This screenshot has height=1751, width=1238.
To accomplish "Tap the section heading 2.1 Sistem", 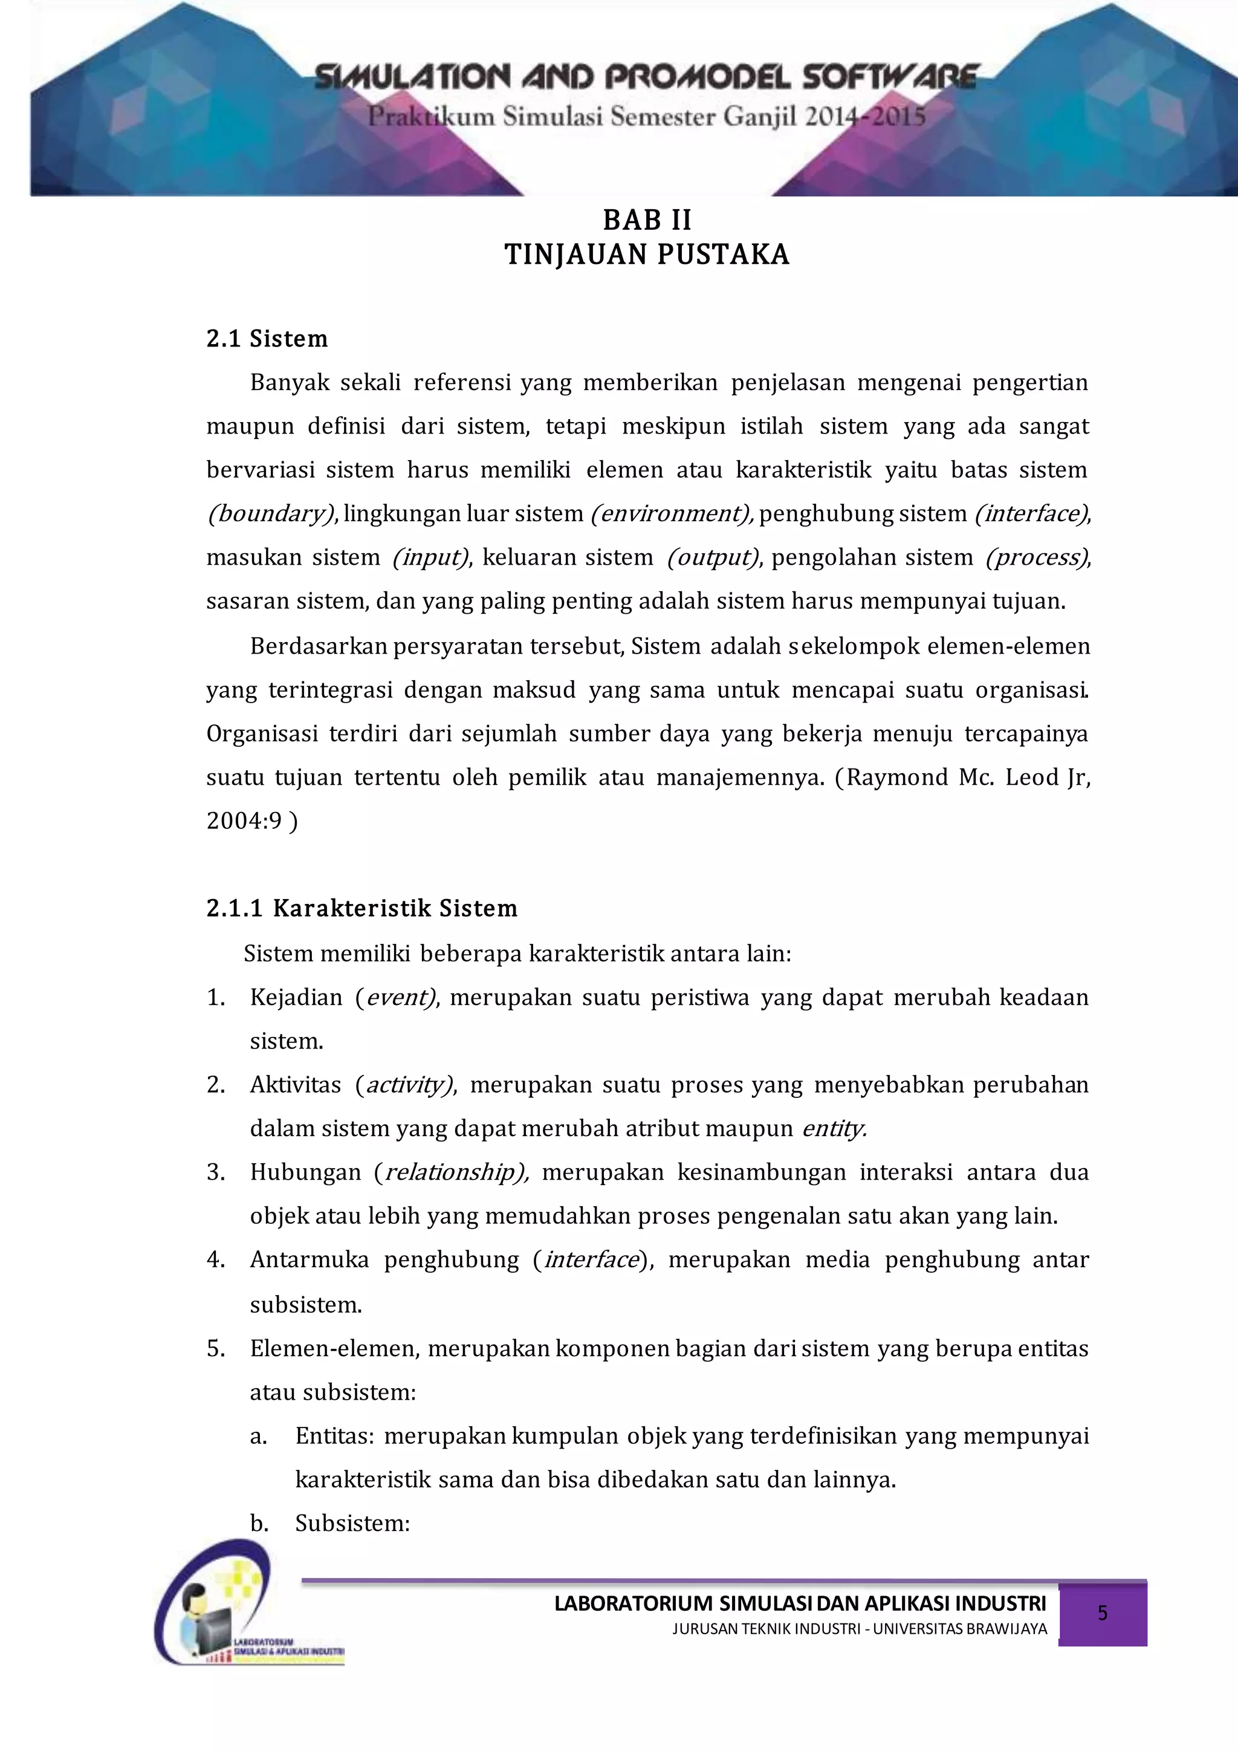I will point(267,339).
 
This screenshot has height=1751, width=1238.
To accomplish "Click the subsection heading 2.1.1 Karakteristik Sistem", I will point(361,908).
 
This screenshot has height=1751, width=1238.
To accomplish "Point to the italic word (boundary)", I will point(271,514).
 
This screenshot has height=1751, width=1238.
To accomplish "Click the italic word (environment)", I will point(672,514).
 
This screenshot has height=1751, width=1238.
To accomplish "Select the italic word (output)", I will point(713,557).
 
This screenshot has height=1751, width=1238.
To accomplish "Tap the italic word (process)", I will point(1037,557).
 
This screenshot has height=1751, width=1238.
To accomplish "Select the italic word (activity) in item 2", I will point(406,1085).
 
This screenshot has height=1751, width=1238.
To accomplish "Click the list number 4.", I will point(215,1260).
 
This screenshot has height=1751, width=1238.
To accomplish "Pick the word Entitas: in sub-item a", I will point(334,1436).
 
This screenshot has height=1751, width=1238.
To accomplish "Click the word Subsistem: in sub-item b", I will point(352,1523).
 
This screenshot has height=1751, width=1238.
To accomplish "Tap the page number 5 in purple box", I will point(1103,1613).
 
